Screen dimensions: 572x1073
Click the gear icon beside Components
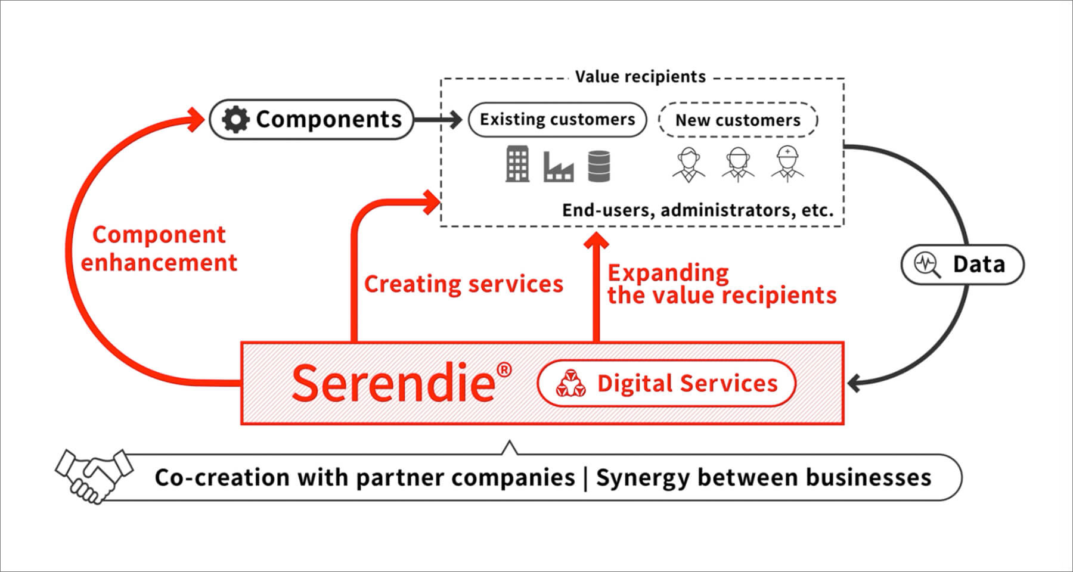point(235,120)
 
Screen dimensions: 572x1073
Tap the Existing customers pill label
point(557,120)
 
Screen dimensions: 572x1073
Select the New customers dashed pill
point(737,120)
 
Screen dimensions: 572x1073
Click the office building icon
point(517,164)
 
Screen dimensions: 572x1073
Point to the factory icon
point(559,166)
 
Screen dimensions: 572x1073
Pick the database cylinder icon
point(598,166)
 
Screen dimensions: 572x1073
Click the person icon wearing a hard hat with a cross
point(787,162)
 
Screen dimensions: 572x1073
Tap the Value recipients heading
point(640,77)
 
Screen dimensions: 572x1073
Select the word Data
point(978,265)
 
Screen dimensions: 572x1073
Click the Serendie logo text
point(393,383)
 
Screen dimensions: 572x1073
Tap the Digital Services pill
point(666,383)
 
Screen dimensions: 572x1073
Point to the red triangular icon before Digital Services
point(570,383)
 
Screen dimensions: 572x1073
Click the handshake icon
point(94,475)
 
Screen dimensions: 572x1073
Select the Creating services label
point(463,284)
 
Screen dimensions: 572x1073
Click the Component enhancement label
point(159,248)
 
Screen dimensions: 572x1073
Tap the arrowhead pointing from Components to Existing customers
point(455,120)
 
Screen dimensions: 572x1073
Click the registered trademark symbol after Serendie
point(504,370)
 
